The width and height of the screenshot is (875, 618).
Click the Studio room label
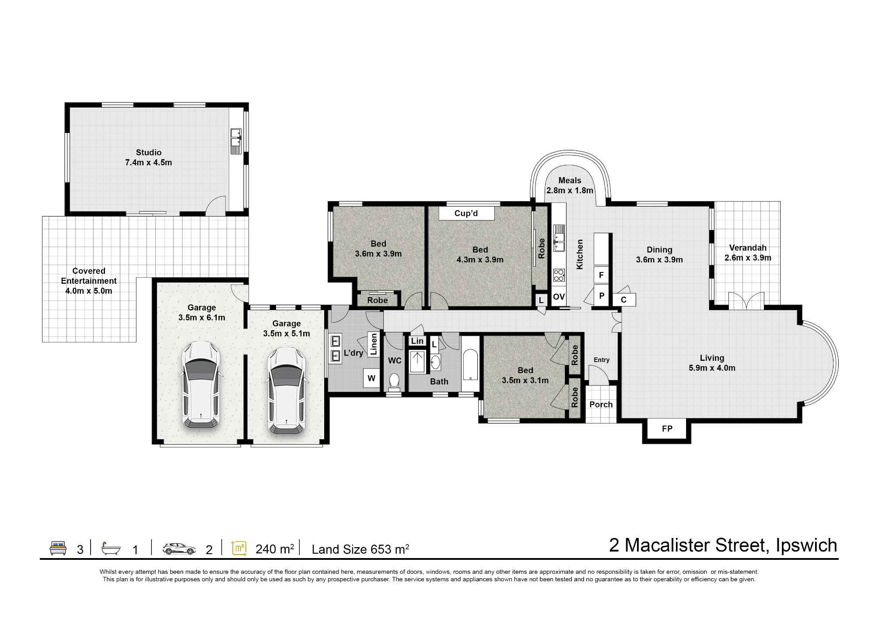pyautogui.click(x=149, y=153)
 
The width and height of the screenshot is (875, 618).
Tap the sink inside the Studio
pyautogui.click(x=236, y=141)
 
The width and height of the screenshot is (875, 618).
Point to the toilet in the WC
pyautogui.click(x=394, y=382)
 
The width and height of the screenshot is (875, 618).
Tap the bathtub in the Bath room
pyautogui.click(x=470, y=364)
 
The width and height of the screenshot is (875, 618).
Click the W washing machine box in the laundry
pyautogui.click(x=371, y=378)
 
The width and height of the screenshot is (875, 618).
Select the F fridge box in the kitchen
pyautogui.click(x=601, y=275)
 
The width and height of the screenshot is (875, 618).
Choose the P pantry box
pyautogui.click(x=602, y=296)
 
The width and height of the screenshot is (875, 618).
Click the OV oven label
pyautogui.click(x=559, y=297)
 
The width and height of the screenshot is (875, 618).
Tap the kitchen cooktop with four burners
pyautogui.click(x=559, y=275)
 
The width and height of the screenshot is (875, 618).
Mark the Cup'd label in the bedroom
pyautogui.click(x=466, y=213)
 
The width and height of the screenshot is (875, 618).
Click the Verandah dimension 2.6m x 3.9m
pyautogui.click(x=748, y=258)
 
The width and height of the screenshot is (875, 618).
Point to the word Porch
pyautogui.click(x=601, y=405)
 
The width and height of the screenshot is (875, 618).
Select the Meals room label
pyautogui.click(x=570, y=181)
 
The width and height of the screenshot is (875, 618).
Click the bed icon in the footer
pyautogui.click(x=58, y=548)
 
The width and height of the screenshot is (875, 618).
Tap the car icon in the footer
pyautogui.click(x=179, y=549)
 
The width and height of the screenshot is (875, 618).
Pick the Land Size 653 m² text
pyautogui.click(x=360, y=549)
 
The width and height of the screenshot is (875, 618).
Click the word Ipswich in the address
pyautogui.click(x=806, y=545)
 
